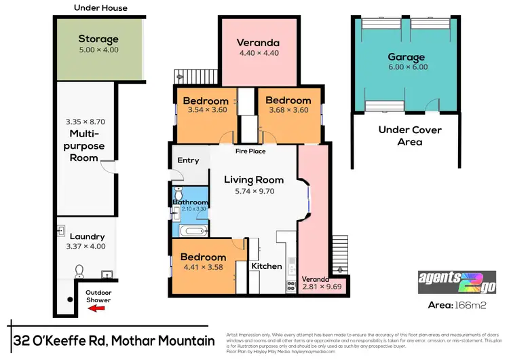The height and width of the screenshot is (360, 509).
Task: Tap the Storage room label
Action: [x=98, y=39]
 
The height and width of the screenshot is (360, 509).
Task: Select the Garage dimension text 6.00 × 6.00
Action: [x=407, y=69]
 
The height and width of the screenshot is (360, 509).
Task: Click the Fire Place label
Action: [x=250, y=151]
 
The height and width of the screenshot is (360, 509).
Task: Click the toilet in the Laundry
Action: [x=79, y=272]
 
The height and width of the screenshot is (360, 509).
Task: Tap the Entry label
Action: [x=188, y=160]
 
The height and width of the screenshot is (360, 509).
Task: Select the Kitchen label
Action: [x=267, y=266]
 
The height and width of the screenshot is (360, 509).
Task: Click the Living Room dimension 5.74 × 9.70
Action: [x=252, y=192]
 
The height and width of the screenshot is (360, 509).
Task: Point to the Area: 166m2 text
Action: [x=457, y=306]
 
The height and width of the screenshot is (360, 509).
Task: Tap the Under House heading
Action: [x=100, y=8]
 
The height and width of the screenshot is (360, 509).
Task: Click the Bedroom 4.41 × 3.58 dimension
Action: [x=204, y=268]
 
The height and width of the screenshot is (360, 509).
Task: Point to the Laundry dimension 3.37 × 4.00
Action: [x=88, y=247]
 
